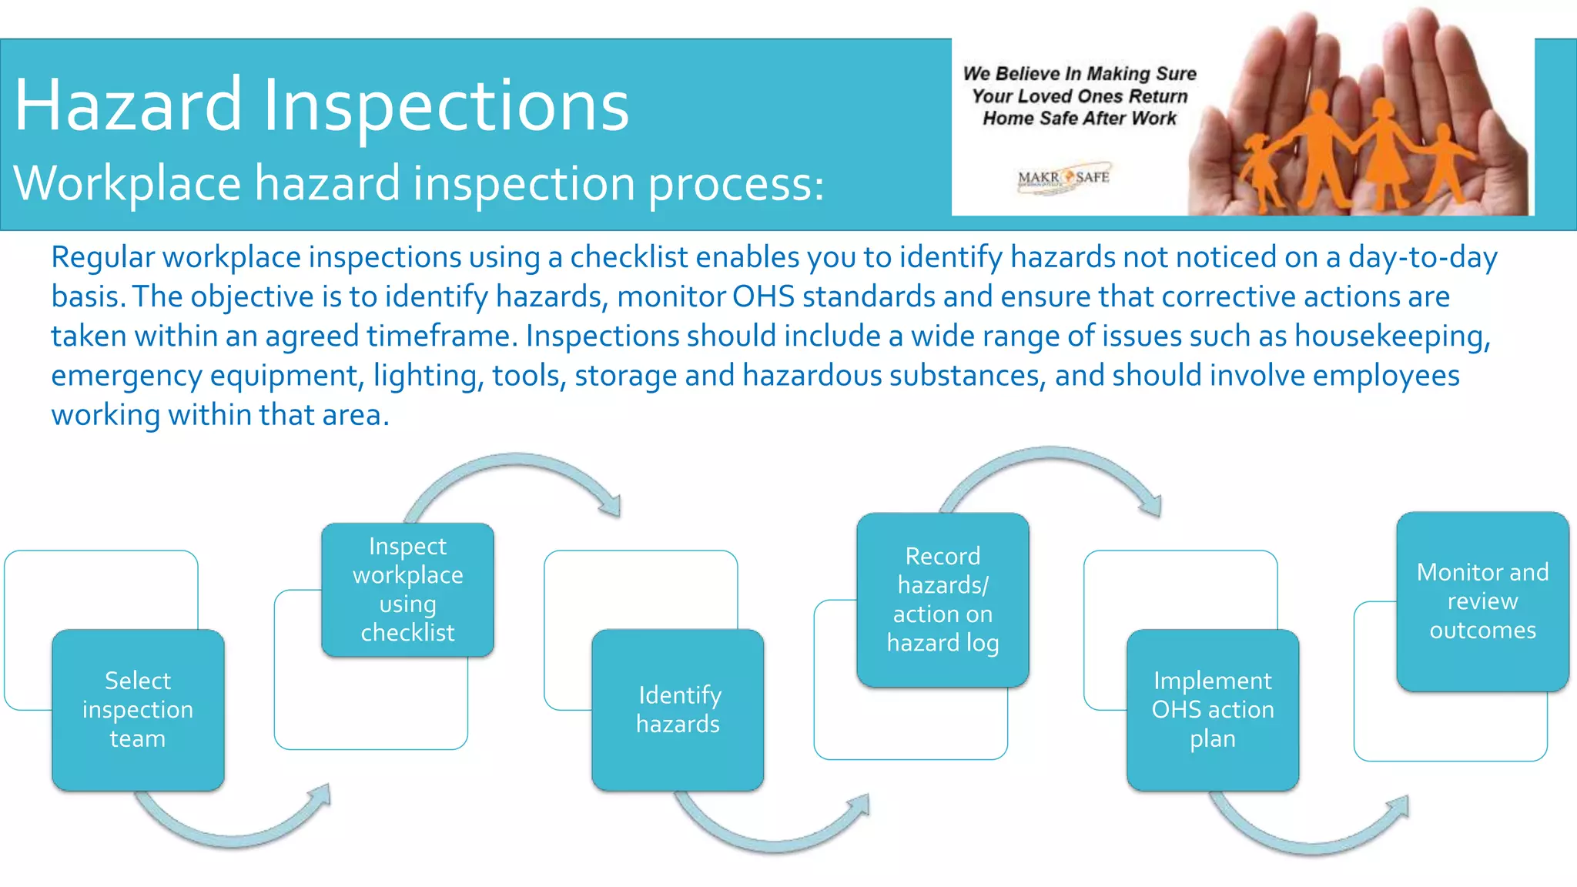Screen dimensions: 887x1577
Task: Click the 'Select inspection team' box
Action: point(138,710)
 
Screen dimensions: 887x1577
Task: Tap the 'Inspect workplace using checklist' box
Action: point(407,590)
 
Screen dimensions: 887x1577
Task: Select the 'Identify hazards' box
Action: point(678,710)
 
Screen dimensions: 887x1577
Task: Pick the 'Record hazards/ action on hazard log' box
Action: point(943,600)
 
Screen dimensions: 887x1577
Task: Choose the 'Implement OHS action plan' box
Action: point(1213,710)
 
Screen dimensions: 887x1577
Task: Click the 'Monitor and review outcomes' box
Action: point(1482,601)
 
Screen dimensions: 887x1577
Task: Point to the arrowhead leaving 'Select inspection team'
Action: point(322,798)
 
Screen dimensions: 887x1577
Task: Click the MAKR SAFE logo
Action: point(1063,178)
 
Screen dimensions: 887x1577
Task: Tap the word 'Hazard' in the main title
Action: point(128,105)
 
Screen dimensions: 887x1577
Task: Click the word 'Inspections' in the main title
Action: point(446,106)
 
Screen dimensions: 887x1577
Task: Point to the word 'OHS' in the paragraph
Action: point(763,296)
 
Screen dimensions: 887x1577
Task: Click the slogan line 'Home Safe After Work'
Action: point(1079,119)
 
